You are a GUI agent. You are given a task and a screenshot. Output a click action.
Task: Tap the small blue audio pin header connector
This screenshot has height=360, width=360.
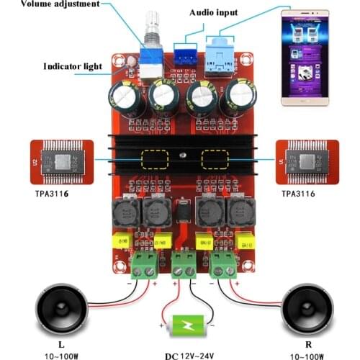[x=185, y=54]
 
